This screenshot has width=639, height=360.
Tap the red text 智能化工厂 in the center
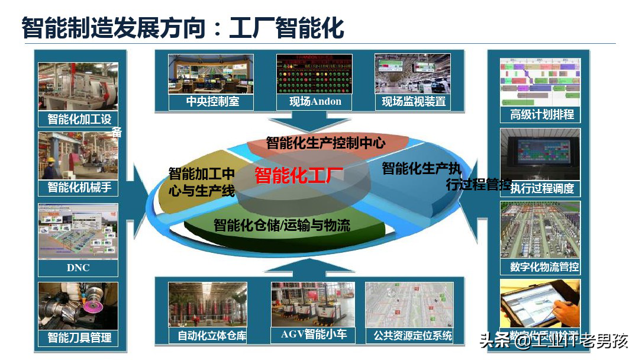pyautogui.click(x=299, y=176)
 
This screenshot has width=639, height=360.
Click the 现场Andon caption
pyautogui.click(x=315, y=101)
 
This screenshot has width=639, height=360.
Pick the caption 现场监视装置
pyautogui.click(x=414, y=101)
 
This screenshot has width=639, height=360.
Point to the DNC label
pyautogui.click(x=78, y=268)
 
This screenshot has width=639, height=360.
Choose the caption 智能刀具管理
pyautogui.click(x=79, y=338)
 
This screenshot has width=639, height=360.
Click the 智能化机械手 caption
pyautogui.click(x=79, y=188)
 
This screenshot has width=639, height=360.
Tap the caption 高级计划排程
pyautogui.click(x=541, y=114)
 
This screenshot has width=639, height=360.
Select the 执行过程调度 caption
pyautogui.click(x=541, y=188)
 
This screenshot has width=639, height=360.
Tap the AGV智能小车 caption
pyautogui.click(x=314, y=335)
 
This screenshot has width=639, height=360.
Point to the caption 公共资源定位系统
pyautogui.click(x=412, y=336)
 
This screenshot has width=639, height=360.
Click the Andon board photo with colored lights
pyautogui.click(x=314, y=73)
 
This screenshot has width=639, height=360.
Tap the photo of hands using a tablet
pyautogui.click(x=540, y=305)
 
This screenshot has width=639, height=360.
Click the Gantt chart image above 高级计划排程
pyautogui.click(x=540, y=82)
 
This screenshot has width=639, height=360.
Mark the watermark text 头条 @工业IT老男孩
pyautogui.click(x=553, y=341)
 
